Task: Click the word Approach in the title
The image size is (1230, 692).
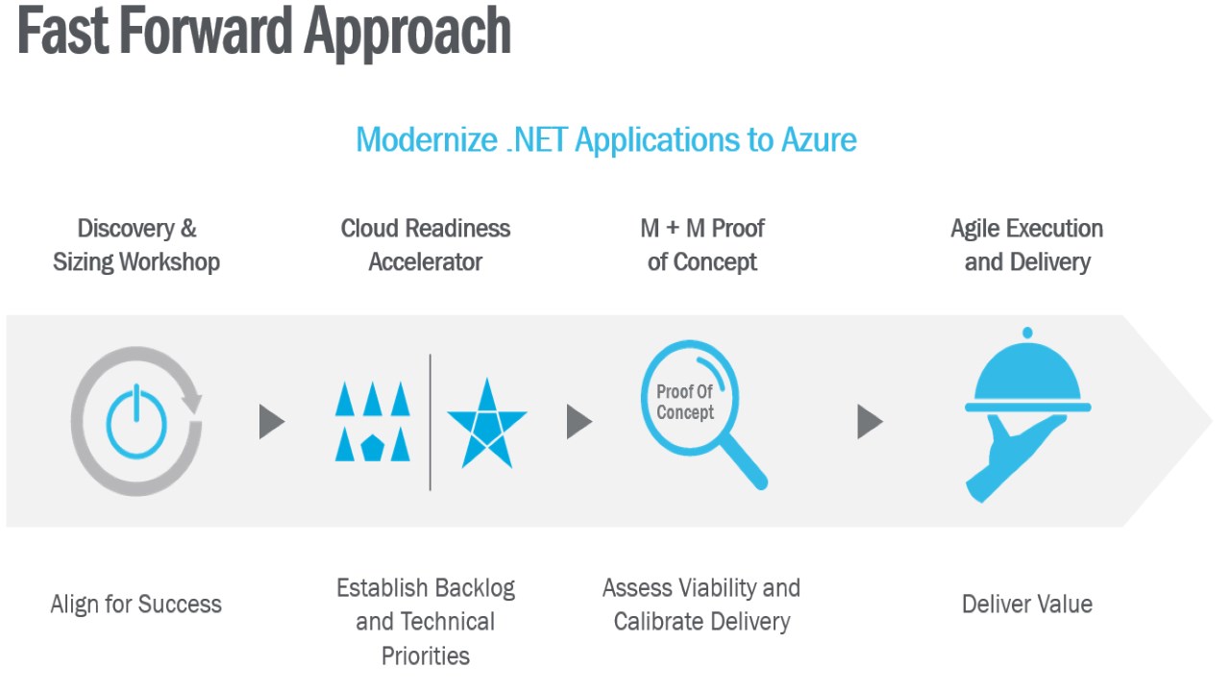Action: (x=407, y=33)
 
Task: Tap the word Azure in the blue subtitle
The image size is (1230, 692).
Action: (x=819, y=139)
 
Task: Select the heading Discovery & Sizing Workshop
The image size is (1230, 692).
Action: (x=136, y=245)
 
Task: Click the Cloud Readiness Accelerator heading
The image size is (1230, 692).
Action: (x=426, y=245)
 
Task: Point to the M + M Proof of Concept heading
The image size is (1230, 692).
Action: (x=702, y=245)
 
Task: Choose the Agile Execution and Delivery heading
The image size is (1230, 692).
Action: (x=1027, y=245)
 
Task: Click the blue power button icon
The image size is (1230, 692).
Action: (x=136, y=422)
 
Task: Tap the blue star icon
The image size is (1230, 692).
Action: (x=487, y=424)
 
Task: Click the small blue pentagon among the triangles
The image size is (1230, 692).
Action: (x=372, y=448)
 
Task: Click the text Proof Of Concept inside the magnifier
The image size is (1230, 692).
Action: (x=685, y=402)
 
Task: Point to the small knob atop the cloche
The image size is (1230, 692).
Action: (x=1027, y=333)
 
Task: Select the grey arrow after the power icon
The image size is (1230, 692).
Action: (x=272, y=422)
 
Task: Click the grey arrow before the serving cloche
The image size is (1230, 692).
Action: (x=871, y=422)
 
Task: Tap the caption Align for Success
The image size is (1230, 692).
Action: (x=136, y=605)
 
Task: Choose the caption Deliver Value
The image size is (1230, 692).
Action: (x=1027, y=605)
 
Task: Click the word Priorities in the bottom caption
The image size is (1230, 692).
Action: (x=426, y=655)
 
